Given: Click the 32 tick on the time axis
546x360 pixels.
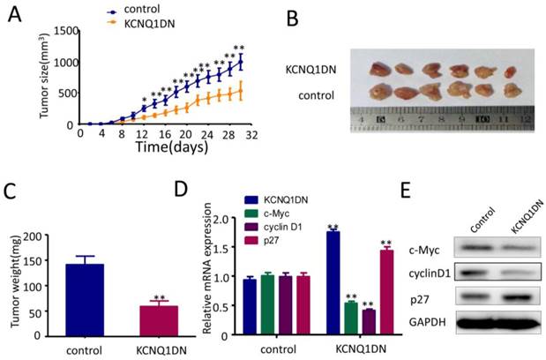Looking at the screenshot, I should click(x=250, y=133).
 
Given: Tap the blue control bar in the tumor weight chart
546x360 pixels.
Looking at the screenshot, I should click(x=102, y=300).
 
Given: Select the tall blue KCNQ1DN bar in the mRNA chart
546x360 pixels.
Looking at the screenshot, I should click(x=335, y=282).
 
